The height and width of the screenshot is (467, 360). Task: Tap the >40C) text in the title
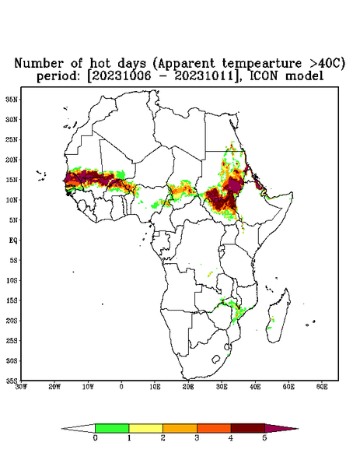323,64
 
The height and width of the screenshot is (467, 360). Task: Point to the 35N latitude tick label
12,100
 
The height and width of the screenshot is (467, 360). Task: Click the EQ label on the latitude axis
13,240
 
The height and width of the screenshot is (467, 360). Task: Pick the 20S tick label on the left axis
12,321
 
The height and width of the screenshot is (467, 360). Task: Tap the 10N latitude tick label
12,200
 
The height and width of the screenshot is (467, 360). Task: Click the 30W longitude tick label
21,387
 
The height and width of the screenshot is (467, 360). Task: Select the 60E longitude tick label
322,387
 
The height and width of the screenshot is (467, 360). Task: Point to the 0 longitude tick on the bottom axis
121,387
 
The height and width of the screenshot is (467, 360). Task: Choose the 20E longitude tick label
188,387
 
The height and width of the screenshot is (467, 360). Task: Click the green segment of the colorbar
112,428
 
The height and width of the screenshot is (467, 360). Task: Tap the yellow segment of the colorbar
145,428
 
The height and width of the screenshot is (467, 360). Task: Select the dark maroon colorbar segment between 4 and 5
248,428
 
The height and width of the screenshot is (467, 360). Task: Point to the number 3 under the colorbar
197,438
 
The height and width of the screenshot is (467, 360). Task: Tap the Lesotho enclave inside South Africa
216,359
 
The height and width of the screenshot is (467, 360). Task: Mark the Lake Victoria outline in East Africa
222,249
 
